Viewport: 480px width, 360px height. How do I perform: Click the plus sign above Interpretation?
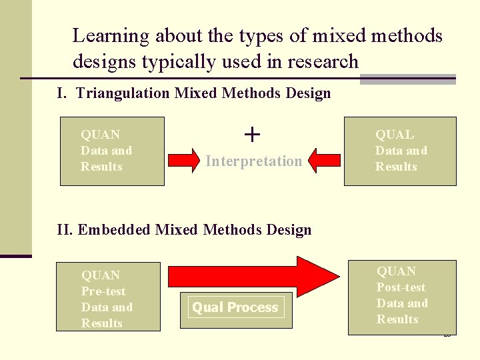pyautogui.click(x=252, y=135)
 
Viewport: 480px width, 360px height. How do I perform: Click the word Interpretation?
pyautogui.click(x=253, y=161)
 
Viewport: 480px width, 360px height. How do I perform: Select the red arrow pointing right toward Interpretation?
pyautogui.click(x=183, y=160)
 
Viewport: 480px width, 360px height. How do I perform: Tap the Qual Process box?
pyautogui.click(x=235, y=307)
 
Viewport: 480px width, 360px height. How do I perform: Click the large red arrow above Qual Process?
pyautogui.click(x=253, y=275)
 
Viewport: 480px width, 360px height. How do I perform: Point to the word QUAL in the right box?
pyautogui.click(x=394, y=135)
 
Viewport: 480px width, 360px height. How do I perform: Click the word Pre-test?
pyautogui.click(x=103, y=291)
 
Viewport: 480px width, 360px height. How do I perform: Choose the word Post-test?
pyautogui.click(x=401, y=287)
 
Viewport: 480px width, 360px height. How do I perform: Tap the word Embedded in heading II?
pyautogui.click(x=115, y=230)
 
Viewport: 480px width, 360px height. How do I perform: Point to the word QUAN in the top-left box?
pyautogui.click(x=100, y=135)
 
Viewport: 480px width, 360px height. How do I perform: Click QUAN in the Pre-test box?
pyautogui.click(x=101, y=275)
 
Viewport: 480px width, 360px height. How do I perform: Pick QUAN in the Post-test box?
pyautogui.click(x=396, y=271)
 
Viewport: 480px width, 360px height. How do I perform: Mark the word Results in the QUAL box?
pyautogui.click(x=396, y=167)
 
